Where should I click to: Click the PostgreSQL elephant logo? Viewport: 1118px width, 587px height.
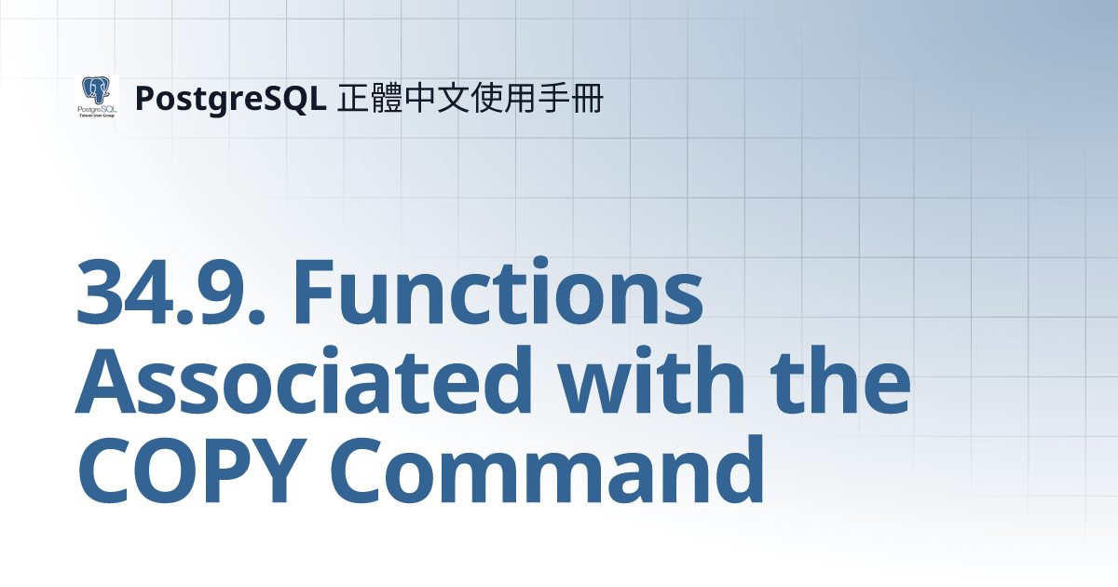pos(97,97)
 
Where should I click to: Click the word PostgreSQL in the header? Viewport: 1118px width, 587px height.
pos(229,98)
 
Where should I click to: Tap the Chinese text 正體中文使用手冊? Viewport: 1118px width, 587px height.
pos(470,97)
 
